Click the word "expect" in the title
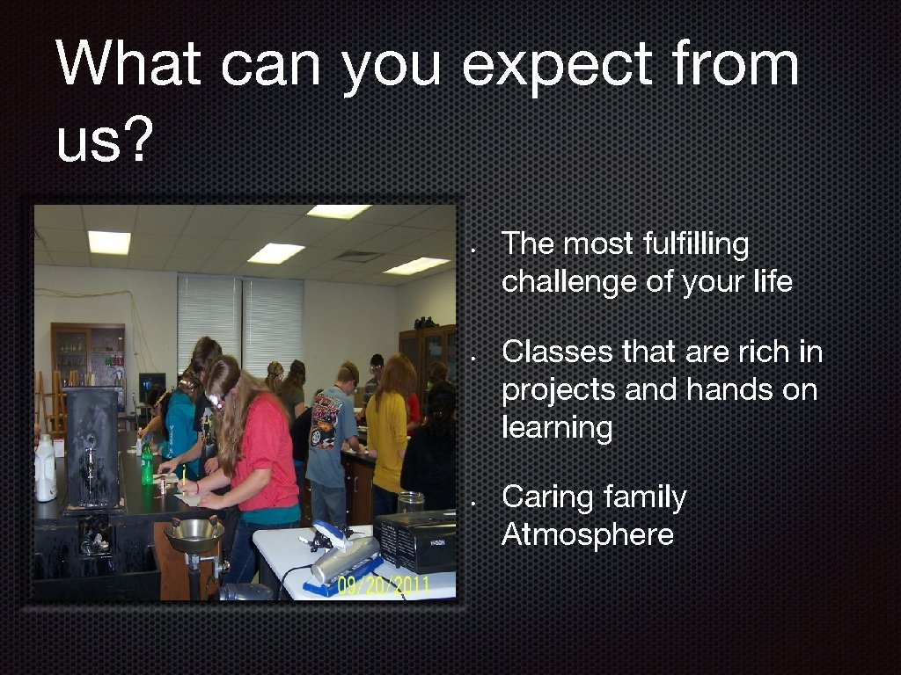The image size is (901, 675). click(558, 66)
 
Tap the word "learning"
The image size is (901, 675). click(556, 430)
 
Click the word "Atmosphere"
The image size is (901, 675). click(587, 534)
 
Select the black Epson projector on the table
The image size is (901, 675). click(415, 541)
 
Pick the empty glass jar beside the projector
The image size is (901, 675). click(410, 502)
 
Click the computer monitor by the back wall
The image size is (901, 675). click(151, 384)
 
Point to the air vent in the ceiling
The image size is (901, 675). click(356, 256)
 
